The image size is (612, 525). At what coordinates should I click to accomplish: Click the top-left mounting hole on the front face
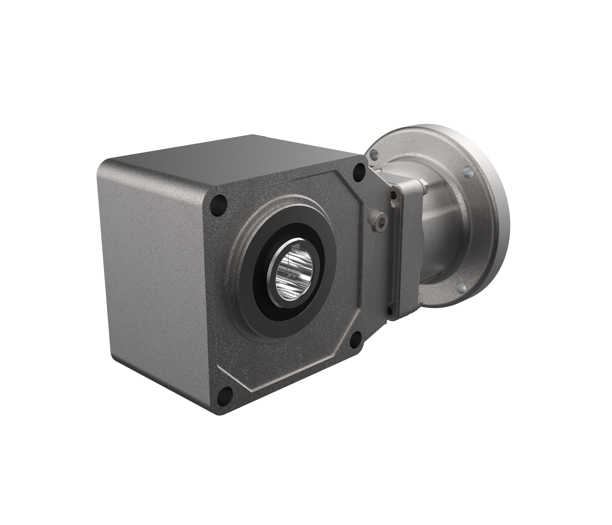click(x=219, y=205)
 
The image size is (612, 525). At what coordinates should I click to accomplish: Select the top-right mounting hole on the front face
click(x=359, y=170)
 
